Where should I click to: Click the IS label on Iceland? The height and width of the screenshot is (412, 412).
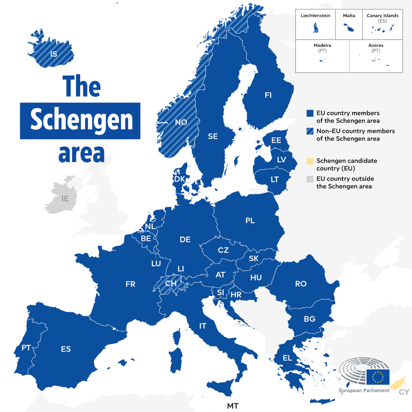(x=54, y=54)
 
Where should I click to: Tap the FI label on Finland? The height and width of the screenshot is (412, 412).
(x=268, y=95)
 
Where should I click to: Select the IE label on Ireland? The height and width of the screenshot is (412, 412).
(x=65, y=198)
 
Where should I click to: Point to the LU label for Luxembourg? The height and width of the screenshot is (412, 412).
(x=156, y=264)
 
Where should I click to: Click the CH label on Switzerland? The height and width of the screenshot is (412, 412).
(x=171, y=283)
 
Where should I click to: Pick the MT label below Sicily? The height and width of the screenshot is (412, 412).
(x=233, y=406)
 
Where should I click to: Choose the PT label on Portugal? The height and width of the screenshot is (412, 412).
(x=26, y=348)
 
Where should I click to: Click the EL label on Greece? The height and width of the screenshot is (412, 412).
(x=287, y=358)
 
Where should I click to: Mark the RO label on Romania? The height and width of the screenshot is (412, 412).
(x=301, y=284)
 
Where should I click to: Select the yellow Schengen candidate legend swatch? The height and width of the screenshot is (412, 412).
(x=309, y=161)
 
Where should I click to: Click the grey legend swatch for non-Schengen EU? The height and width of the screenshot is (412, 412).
(x=309, y=179)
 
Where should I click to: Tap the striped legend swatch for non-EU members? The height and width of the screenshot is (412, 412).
(x=309, y=131)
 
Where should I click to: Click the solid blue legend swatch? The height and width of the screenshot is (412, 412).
(x=309, y=113)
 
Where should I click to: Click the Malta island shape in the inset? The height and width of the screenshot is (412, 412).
(x=346, y=28)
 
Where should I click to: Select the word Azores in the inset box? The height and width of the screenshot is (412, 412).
(x=376, y=45)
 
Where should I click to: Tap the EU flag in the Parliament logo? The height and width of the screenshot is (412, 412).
(x=377, y=377)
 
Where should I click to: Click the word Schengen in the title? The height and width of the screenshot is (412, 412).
(x=81, y=120)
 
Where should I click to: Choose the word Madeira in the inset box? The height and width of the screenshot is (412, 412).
(x=322, y=45)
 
